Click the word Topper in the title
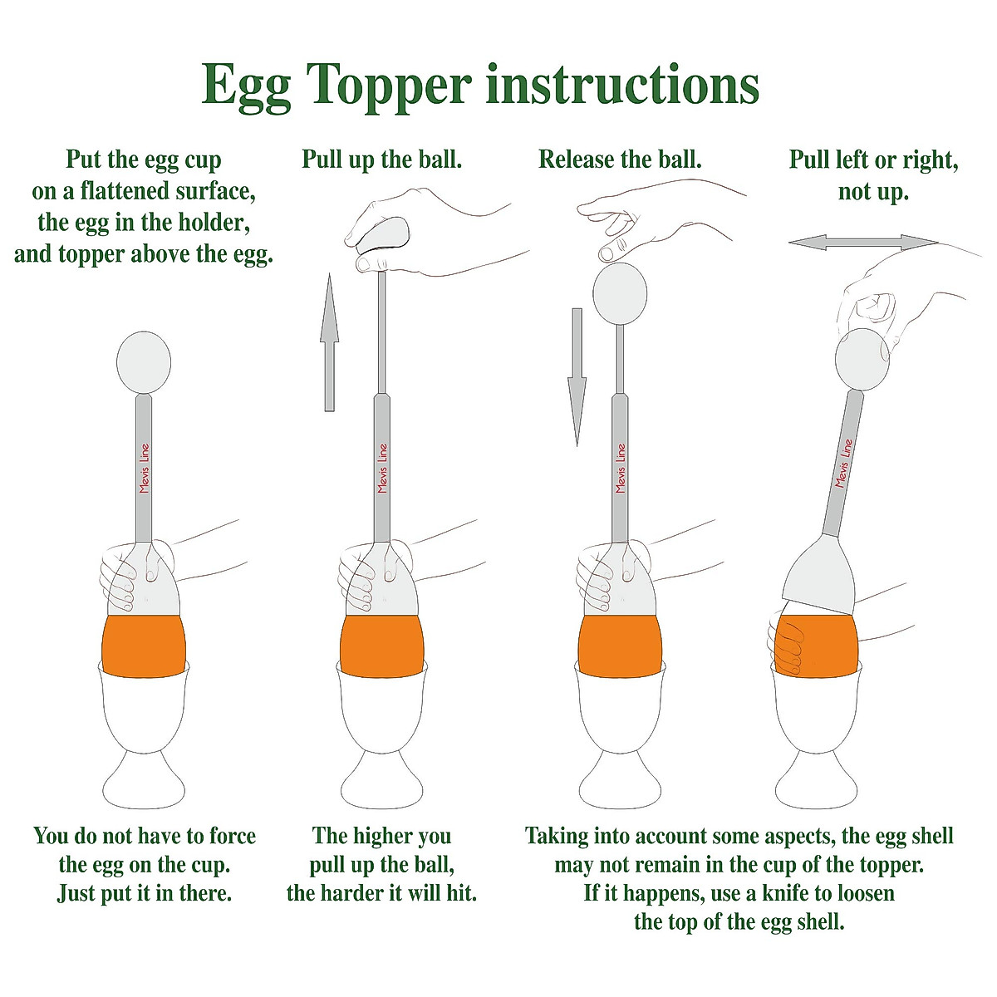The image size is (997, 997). coord(388,85)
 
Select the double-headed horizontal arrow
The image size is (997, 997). coord(863,243)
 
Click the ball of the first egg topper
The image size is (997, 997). coord(144,362)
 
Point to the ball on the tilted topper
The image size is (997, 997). coord(862,357)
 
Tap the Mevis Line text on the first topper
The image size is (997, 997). coord(145,468)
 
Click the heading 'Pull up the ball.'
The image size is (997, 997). coord(381,160)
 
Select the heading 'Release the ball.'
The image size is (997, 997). coord(620,159)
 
